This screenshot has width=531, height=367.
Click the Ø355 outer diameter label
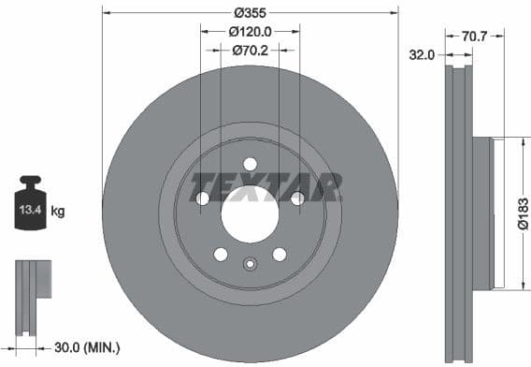pos(250,12)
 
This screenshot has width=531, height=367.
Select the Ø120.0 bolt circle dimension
pos(250,31)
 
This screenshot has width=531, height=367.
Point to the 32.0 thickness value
pos(423,55)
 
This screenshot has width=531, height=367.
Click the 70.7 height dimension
pos(475,37)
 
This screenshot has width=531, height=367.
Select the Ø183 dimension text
pos(524,213)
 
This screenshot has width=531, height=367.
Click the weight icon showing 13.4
pos(28,204)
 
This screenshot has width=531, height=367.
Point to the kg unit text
pos(58,212)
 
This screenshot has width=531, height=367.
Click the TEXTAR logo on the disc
pos(265,186)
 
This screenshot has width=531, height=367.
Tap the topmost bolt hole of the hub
pos(250,164)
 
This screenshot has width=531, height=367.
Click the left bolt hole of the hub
pos(202,198)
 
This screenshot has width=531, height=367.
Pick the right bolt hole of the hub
pos(297,198)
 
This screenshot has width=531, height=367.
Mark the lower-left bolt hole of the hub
pos(221,255)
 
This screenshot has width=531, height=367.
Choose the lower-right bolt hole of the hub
pos(279,255)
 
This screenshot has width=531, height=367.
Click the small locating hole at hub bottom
pos(250,264)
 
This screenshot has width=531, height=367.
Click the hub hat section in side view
pos(482,213)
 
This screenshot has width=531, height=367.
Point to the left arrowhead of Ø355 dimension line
pos(106,12)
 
